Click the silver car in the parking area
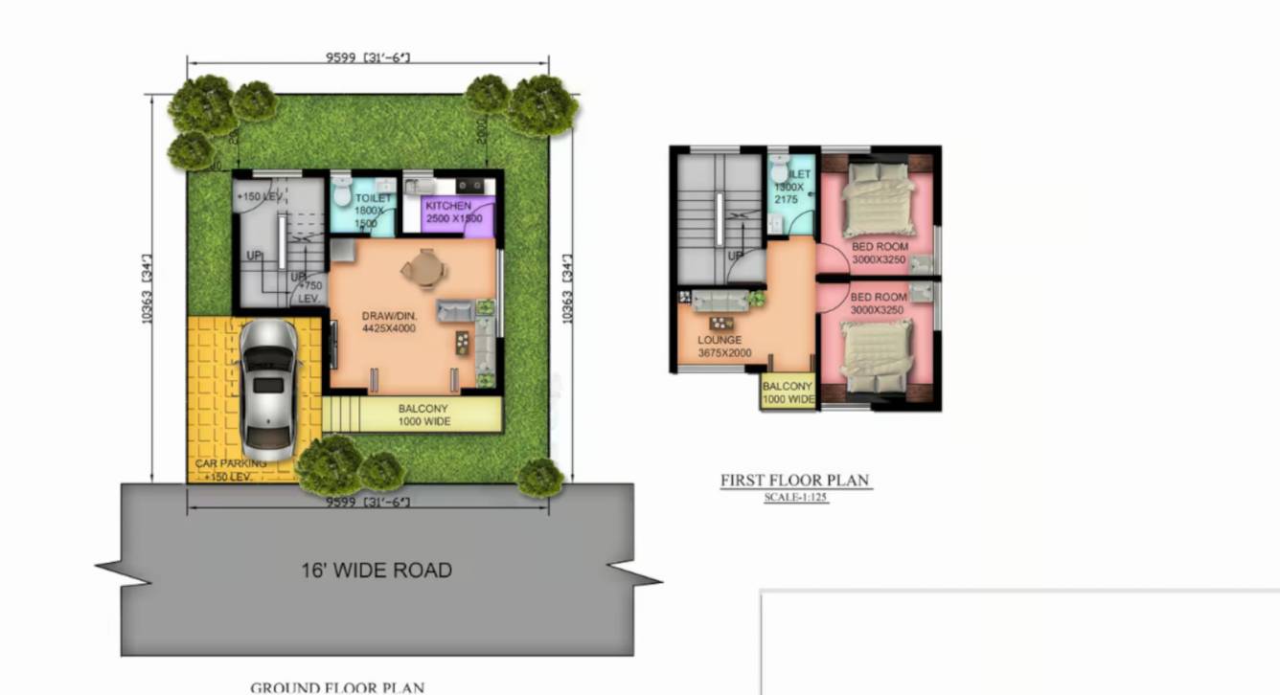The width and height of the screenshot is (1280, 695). pyautogui.click(x=268, y=390)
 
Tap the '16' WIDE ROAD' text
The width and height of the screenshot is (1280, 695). pyautogui.click(x=376, y=571)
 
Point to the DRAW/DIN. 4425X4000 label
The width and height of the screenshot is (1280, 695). pyautogui.click(x=389, y=323)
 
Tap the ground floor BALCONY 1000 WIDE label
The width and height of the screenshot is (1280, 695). pyautogui.click(x=423, y=415)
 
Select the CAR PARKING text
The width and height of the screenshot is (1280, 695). pyautogui.click(x=231, y=464)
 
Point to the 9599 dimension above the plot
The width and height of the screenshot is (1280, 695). pyautogui.click(x=368, y=58)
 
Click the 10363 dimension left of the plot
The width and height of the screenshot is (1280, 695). pyautogui.click(x=148, y=288)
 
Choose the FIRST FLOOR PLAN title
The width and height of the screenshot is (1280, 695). pyautogui.click(x=796, y=481)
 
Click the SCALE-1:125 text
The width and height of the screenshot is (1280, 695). pyautogui.click(x=796, y=498)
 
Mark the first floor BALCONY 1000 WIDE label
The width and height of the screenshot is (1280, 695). pyautogui.click(x=788, y=392)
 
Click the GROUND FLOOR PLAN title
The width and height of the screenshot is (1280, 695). pyautogui.click(x=337, y=687)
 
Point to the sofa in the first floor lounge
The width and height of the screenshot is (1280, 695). pyautogui.click(x=721, y=300)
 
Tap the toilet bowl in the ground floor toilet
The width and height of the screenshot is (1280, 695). pyautogui.click(x=344, y=189)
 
